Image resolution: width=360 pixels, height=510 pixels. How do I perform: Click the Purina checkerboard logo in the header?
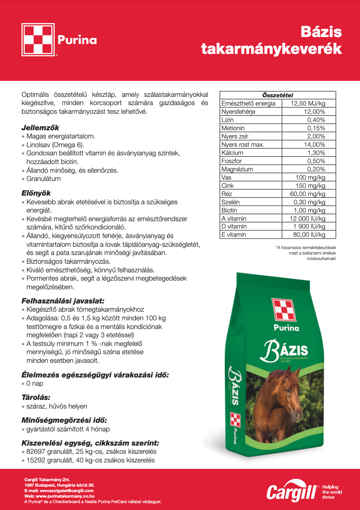point(38,40)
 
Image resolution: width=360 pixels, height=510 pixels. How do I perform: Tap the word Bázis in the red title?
point(322,32)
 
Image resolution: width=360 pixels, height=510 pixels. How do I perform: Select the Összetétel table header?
point(278,95)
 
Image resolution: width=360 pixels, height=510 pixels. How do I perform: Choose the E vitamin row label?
point(233,235)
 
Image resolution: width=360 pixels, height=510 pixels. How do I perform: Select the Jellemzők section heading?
point(40,128)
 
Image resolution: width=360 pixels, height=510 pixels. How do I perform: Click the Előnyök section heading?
point(36,193)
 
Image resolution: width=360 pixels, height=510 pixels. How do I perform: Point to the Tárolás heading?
point(36,398)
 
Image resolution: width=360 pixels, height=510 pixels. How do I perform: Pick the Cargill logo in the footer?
point(292,492)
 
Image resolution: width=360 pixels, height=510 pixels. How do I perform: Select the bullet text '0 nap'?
point(35,384)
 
